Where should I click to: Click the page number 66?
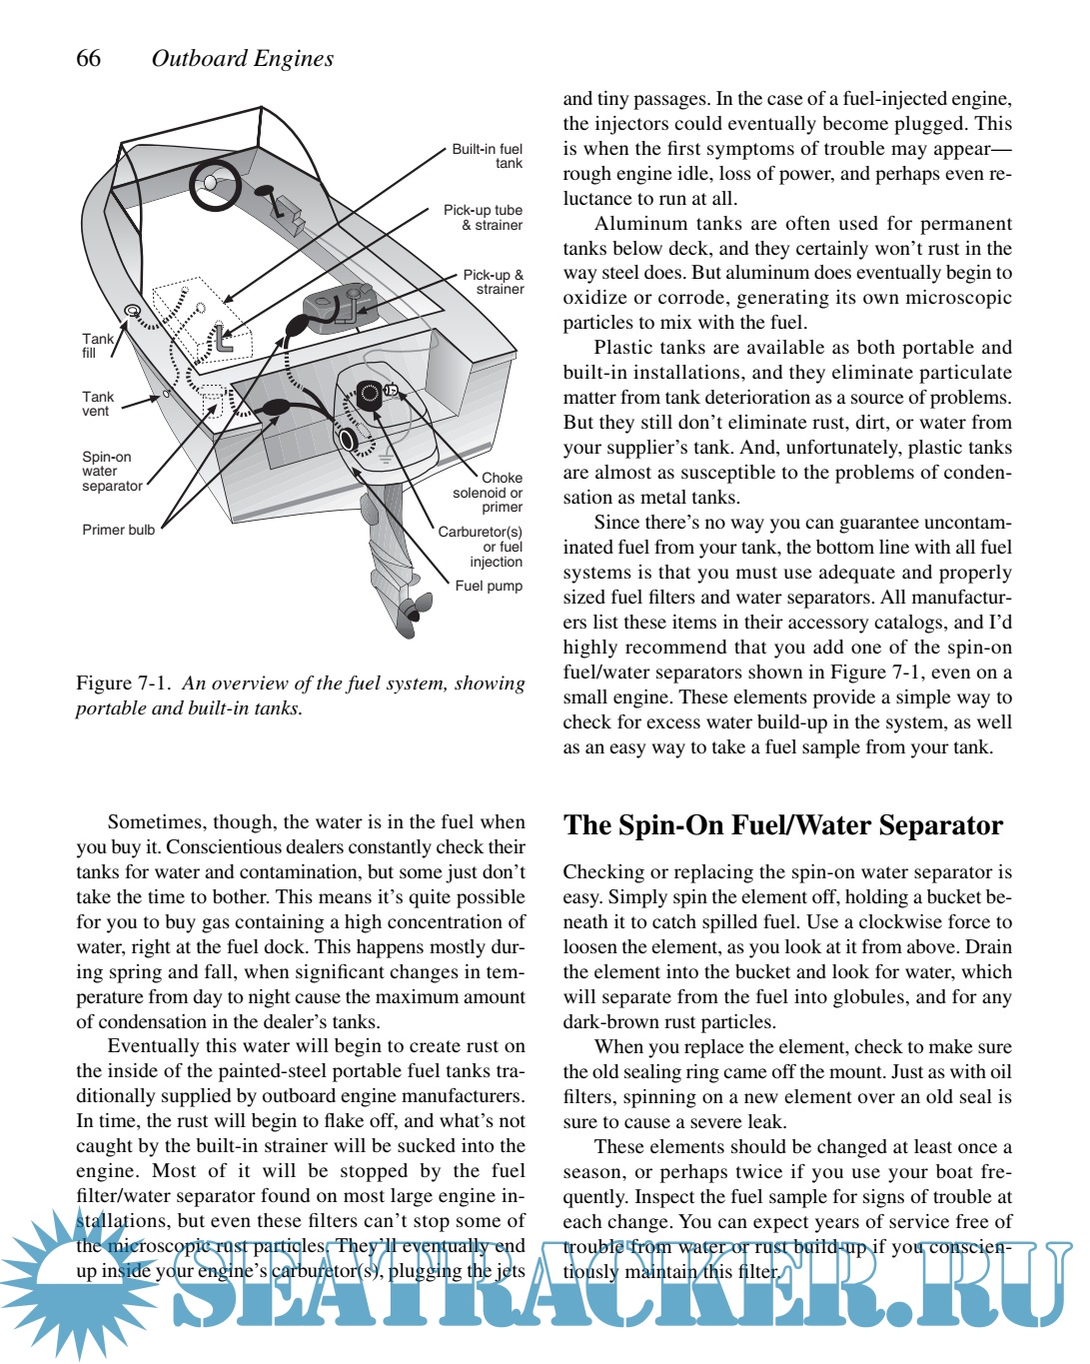pos(88,58)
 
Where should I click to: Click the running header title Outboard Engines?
pos(242,58)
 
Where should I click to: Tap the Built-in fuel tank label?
pos(488,156)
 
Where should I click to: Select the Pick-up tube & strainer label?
pos(484,218)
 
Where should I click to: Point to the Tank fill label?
pos(97,346)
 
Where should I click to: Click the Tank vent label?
pos(97,404)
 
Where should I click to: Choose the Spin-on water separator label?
pos(111,471)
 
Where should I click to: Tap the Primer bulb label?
pos(118,530)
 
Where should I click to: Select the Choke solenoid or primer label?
pos(489,492)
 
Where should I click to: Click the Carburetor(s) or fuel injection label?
pos(482,547)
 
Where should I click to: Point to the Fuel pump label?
pos(489,586)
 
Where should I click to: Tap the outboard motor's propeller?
pos(411,611)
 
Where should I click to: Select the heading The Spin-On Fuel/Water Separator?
pos(782,825)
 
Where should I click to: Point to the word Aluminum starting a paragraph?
pos(637,224)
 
